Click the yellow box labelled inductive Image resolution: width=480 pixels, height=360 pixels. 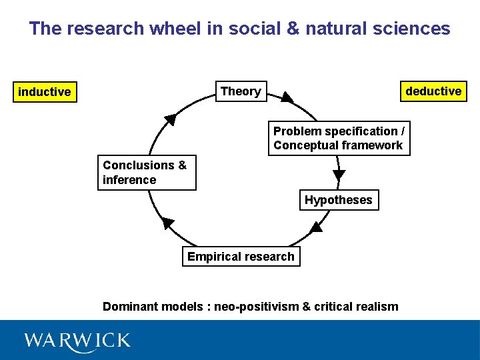point(45,91)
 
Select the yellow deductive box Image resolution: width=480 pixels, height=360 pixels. point(433,91)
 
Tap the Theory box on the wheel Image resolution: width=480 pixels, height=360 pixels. point(241,91)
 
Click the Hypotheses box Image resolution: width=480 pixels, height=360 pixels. point(339,200)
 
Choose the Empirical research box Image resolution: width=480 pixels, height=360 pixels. point(241,257)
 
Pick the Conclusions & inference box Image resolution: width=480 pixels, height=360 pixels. point(147,173)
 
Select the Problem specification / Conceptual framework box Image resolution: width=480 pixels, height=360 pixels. point(339,138)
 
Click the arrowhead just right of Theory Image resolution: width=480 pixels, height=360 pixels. point(286,97)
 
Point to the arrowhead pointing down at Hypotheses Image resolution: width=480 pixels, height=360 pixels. point(339,175)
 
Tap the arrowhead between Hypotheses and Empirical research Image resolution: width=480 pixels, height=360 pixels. point(316,227)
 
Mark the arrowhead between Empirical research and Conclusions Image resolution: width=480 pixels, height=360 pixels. point(168,223)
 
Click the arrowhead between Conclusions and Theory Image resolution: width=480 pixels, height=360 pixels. point(170,119)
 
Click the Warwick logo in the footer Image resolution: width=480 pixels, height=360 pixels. point(77,341)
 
